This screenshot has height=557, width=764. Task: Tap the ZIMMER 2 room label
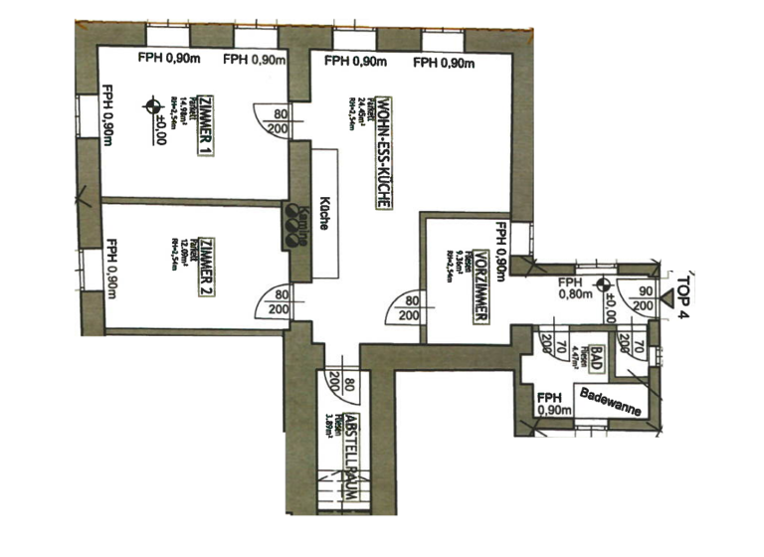(x=206, y=267)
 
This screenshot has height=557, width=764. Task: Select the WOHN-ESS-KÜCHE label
(x=382, y=149)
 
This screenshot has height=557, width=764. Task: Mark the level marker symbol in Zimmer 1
(x=151, y=103)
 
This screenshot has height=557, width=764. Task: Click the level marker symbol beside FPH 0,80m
(x=603, y=286)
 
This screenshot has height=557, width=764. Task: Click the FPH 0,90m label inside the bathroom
(x=552, y=401)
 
